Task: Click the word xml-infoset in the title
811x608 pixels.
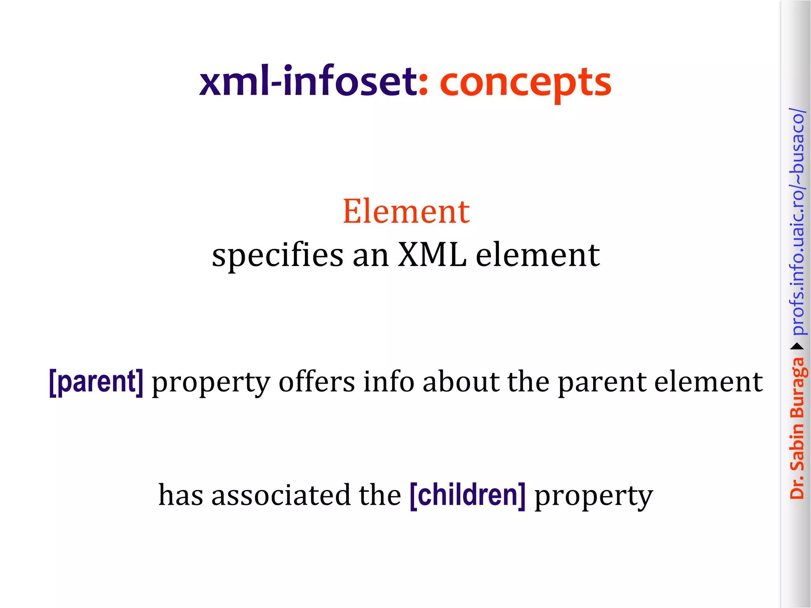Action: (x=308, y=82)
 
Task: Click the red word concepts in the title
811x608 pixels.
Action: (x=525, y=83)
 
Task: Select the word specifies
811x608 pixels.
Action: (x=278, y=256)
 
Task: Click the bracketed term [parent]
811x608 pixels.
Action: (x=96, y=382)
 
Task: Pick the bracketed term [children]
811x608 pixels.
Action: (x=468, y=495)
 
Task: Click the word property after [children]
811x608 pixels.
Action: (x=594, y=496)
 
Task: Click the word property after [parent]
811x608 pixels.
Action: (x=211, y=383)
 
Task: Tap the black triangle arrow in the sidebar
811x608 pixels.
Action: (x=797, y=347)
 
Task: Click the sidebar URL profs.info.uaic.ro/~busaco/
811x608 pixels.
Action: (x=797, y=222)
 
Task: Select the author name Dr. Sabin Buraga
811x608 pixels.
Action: (x=797, y=427)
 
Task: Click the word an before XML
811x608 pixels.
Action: (x=370, y=256)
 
